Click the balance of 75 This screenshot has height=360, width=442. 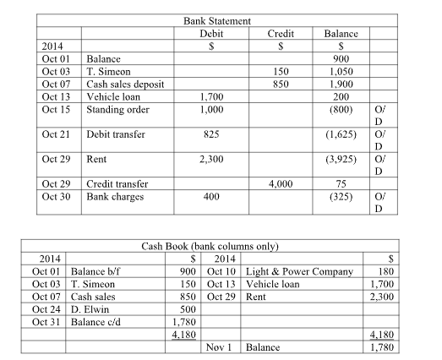point(336,183)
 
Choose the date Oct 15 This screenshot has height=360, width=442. point(54,111)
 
